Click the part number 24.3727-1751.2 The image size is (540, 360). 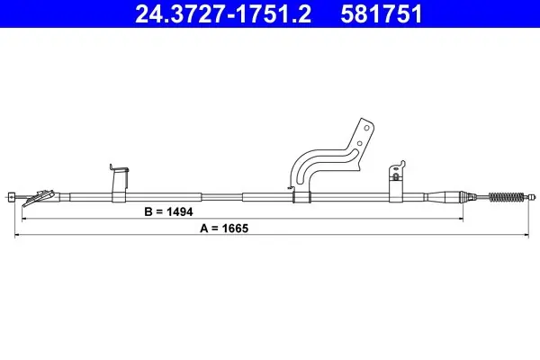pyautogui.click(x=223, y=13)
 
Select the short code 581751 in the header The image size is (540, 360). pyautogui.click(x=382, y=13)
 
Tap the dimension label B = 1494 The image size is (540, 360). pyautogui.click(x=168, y=211)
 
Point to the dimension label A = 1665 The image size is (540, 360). pyautogui.click(x=224, y=228)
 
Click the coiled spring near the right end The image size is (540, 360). pyautogui.click(x=506, y=197)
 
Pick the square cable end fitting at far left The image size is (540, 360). pyautogui.click(x=12, y=197)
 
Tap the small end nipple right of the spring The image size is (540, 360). pyautogui.click(x=532, y=197)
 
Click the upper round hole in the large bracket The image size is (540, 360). pyautogui.click(x=367, y=128)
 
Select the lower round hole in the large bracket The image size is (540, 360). pyautogui.click(x=359, y=143)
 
